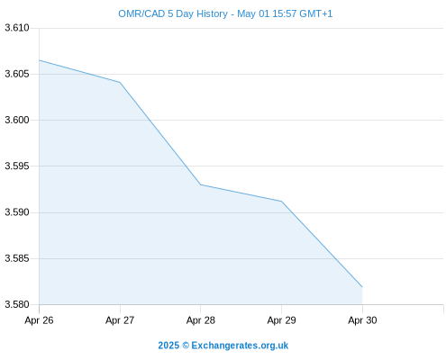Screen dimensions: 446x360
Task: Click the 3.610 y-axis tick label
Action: click(17, 28)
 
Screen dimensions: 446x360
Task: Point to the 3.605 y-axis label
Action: click(17, 74)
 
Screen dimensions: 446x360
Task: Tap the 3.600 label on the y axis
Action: click(17, 120)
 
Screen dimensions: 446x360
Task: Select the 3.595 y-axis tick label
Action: click(17, 166)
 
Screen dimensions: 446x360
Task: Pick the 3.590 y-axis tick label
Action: click(17, 212)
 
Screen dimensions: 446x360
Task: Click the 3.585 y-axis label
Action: click(17, 258)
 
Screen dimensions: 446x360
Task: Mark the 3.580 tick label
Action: click(17, 304)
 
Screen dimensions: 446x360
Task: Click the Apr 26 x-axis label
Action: click(39, 320)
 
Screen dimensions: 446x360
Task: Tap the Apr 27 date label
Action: click(120, 320)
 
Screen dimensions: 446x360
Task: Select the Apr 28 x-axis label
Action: click(201, 320)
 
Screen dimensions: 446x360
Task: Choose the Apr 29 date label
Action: click(281, 320)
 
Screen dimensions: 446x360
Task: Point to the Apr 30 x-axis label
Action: click(362, 320)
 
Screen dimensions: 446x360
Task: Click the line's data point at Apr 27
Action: click(120, 82)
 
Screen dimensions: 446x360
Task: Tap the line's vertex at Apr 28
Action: click(201, 184)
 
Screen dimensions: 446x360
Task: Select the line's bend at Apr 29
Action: click(281, 201)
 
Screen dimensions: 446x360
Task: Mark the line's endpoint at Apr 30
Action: click(362, 287)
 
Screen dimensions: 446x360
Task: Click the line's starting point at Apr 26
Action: click(39, 60)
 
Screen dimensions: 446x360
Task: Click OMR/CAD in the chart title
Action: click(141, 13)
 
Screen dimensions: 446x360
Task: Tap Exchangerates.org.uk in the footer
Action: click(240, 346)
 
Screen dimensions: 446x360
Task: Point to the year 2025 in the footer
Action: click(168, 346)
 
